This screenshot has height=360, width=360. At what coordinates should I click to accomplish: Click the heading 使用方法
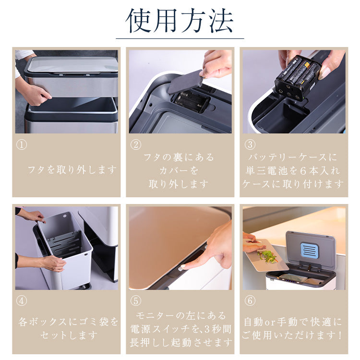[x=180, y=21]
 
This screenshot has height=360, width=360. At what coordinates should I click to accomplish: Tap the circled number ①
[x=22, y=144]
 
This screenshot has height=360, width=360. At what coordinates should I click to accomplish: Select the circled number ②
[x=136, y=144]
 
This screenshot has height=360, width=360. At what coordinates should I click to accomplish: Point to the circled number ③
[x=250, y=144]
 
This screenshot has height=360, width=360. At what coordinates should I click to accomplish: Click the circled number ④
[x=22, y=300]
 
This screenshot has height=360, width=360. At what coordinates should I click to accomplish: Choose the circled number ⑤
[x=136, y=300]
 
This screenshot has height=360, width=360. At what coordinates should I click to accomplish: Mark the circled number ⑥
[x=250, y=300]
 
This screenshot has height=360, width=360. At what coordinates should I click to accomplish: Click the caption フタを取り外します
[x=72, y=170]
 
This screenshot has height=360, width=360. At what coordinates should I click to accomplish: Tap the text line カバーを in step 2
[x=179, y=170]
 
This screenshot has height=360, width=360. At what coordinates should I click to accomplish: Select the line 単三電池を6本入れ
[x=293, y=170]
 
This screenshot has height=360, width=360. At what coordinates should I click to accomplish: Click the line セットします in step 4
[x=69, y=336]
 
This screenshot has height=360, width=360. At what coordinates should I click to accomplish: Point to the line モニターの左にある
[x=181, y=316]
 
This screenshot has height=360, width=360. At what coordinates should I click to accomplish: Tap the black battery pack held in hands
[x=297, y=77]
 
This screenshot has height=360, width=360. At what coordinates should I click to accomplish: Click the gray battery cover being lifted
[x=185, y=82]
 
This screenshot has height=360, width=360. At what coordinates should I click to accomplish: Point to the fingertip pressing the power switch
[x=183, y=267]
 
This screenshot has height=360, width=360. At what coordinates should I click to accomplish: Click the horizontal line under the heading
[x=180, y=38]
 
